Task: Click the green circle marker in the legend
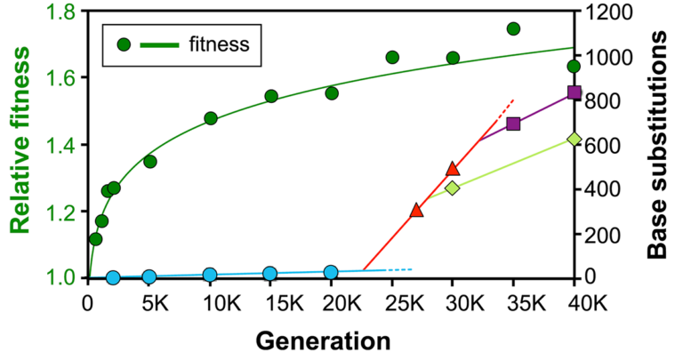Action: [x=125, y=44]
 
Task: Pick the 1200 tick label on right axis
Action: [x=608, y=12]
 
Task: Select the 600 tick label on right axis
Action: [x=602, y=145]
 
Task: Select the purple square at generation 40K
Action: [x=574, y=92]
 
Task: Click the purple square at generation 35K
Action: [x=513, y=124]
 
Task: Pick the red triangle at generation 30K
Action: [x=452, y=169]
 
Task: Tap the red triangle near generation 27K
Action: [x=416, y=211]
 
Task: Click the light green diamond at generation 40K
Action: [x=574, y=139]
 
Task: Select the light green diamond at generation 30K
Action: [x=452, y=188]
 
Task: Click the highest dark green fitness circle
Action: [x=513, y=28]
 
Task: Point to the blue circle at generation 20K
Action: [x=331, y=272]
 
